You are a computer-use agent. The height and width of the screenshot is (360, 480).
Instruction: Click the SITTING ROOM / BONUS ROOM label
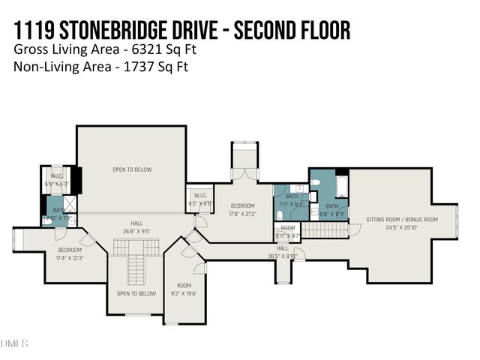391,219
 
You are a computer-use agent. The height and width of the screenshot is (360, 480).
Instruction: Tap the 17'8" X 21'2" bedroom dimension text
242,213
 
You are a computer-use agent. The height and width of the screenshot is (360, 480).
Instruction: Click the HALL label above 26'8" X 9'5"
136,223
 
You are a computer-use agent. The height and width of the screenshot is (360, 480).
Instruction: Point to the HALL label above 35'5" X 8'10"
283,247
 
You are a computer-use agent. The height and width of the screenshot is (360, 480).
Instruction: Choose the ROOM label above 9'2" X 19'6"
184,285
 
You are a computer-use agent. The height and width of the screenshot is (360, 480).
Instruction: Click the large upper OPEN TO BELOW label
132,169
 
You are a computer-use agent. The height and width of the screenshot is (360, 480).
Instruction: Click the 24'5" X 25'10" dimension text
391,226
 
